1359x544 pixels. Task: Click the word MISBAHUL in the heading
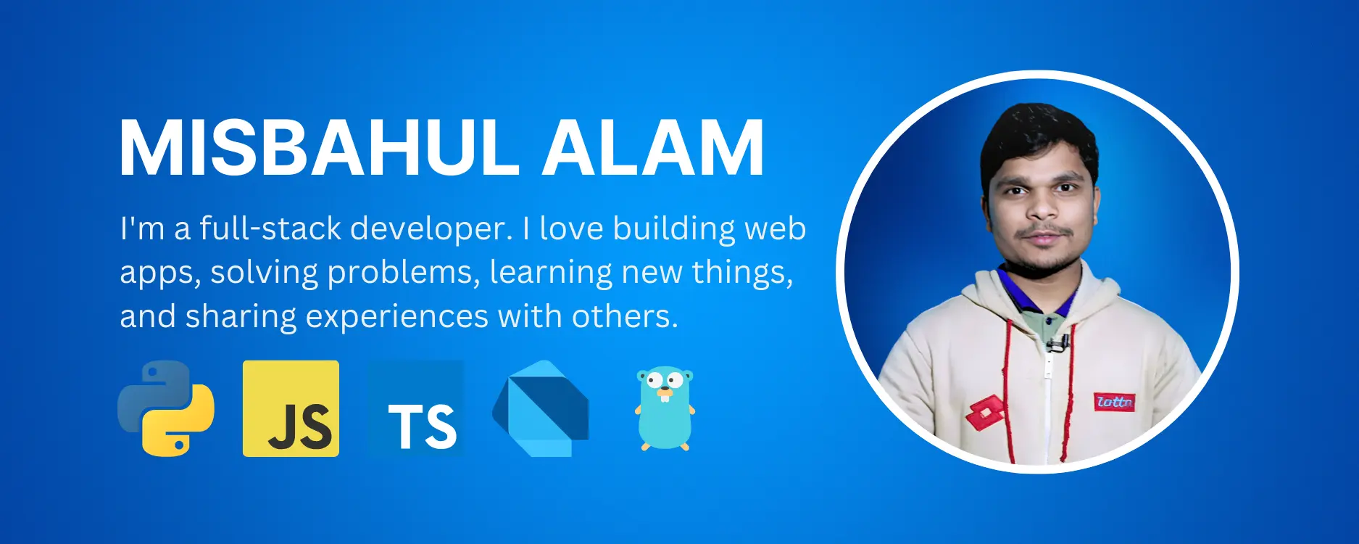(x=319, y=149)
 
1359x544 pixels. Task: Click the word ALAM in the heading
(x=654, y=149)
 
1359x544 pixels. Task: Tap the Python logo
(x=166, y=408)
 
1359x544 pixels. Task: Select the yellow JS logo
(x=291, y=408)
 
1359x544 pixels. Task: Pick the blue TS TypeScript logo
(x=416, y=408)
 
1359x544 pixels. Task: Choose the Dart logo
(x=541, y=408)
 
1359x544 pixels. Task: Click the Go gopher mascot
(x=665, y=408)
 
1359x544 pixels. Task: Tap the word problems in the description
(x=404, y=273)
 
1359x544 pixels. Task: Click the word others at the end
(x=625, y=316)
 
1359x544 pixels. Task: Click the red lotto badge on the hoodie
(x=1114, y=401)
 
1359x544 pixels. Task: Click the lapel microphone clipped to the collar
(x=1055, y=342)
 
